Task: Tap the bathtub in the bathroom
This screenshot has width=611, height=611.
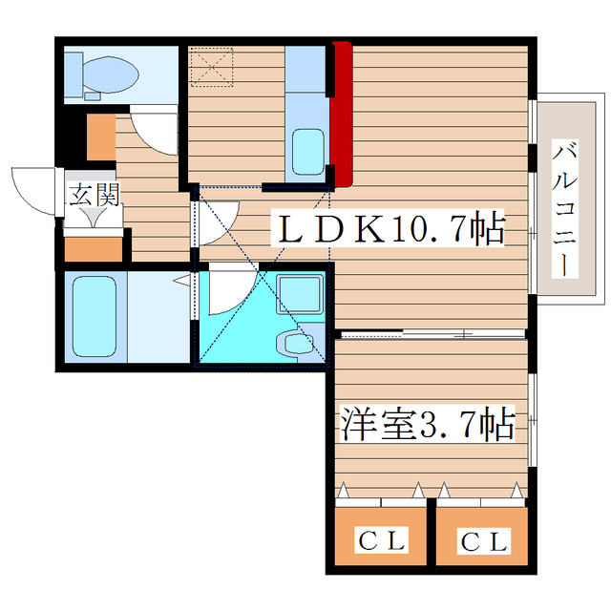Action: (93, 316)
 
